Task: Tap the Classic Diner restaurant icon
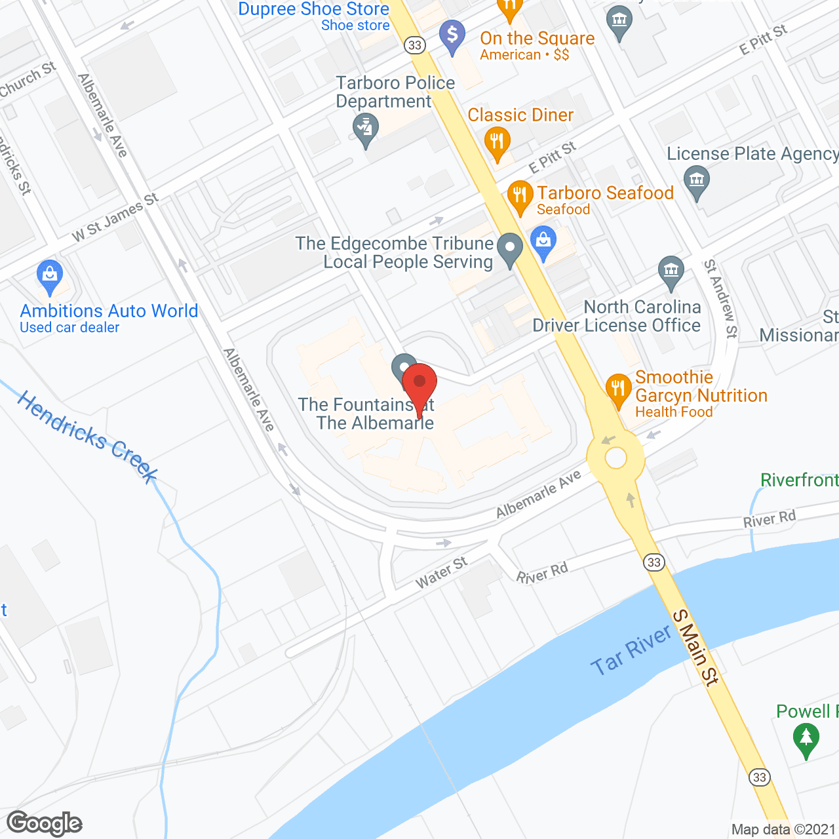coord(497,141)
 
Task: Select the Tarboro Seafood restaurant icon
coord(520,195)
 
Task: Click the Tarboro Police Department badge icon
coord(365,128)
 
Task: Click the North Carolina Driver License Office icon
coord(671,271)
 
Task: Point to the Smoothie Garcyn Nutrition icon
coord(617,389)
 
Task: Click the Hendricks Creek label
coord(87,437)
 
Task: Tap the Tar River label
coord(631,650)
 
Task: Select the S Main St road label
coord(696,648)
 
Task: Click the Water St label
coord(441,572)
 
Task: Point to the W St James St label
coord(115,217)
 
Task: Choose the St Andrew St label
coord(720,298)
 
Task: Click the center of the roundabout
coord(616,458)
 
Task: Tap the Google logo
coord(45,823)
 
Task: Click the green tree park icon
coord(806,740)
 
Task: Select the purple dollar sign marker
coord(452,35)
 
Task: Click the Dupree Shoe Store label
coord(313,9)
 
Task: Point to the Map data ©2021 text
coord(783,830)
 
